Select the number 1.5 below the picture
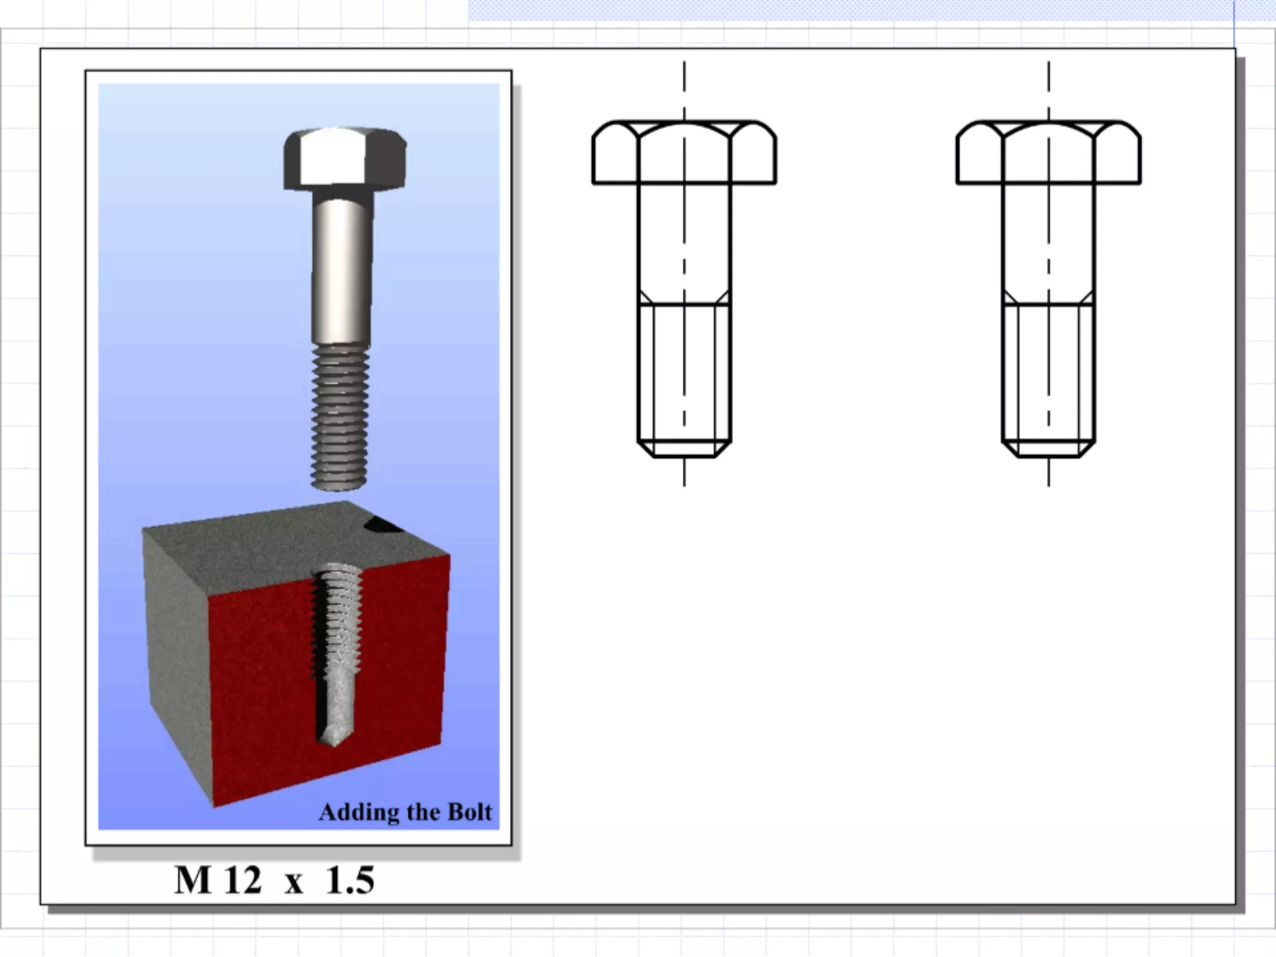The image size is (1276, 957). coord(350,880)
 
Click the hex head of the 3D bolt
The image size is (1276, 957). coord(345,159)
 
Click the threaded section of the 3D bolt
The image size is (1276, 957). coord(340,416)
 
